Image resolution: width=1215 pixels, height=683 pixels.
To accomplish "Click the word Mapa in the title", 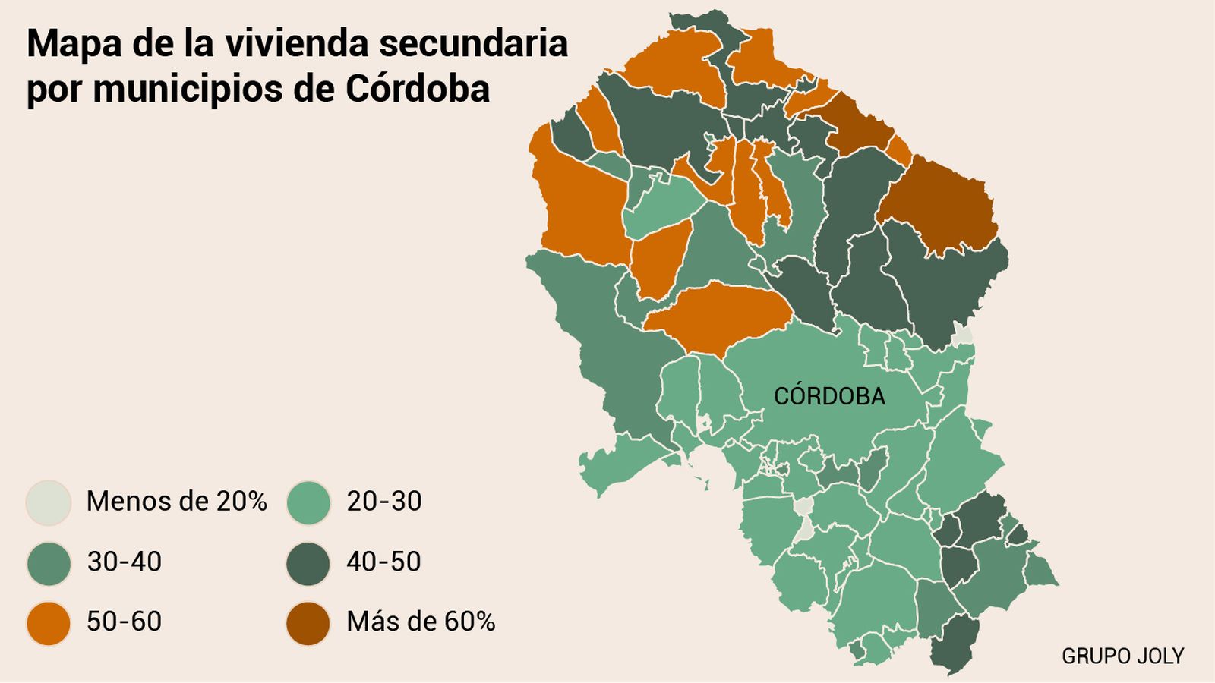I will click(x=74, y=44).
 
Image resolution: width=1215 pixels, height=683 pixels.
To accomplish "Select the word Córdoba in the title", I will click(x=418, y=89).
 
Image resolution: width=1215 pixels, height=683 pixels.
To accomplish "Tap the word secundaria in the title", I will click(x=473, y=44).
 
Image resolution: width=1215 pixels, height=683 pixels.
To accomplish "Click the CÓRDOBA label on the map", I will click(x=829, y=396).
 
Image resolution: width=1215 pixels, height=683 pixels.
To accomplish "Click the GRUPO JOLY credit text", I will click(x=1122, y=656).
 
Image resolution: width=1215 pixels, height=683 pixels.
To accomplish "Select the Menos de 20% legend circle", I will click(x=49, y=502).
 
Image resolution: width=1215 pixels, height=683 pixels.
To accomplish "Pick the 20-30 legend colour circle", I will click(x=308, y=502).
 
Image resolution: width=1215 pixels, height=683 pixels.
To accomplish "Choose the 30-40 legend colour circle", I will click(x=49, y=563).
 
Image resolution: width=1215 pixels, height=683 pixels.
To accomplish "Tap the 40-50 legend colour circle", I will click(x=308, y=563).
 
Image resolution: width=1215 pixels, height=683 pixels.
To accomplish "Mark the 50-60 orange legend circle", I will click(x=49, y=623).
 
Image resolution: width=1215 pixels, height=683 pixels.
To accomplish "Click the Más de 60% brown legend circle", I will click(x=308, y=623).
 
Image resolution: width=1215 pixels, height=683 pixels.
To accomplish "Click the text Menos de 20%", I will click(x=176, y=502).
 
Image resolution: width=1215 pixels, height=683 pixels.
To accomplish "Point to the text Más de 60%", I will click(x=421, y=622).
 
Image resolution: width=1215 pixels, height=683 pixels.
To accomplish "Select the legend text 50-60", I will click(x=124, y=622).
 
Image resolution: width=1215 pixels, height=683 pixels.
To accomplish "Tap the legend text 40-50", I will click(x=383, y=562).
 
